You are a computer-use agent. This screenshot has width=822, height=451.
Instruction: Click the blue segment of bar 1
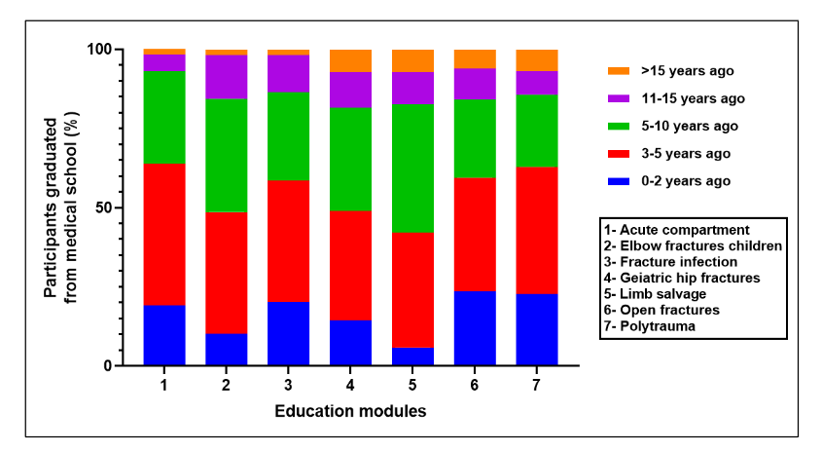click(164, 335)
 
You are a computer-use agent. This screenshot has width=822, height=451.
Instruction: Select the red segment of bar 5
click(413, 290)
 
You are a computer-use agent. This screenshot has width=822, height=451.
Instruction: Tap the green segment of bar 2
click(227, 155)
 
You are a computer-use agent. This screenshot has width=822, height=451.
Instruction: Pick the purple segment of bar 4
click(351, 90)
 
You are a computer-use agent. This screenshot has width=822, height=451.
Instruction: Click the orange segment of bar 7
click(538, 60)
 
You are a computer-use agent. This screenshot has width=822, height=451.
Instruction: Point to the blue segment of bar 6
click(476, 328)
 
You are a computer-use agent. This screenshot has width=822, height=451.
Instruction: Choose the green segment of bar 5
click(413, 169)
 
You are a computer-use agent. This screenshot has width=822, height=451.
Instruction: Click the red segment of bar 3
click(289, 241)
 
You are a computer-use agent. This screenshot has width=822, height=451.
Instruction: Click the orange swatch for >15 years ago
click(618, 71)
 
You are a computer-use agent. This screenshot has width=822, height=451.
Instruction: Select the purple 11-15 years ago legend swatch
click(618, 98)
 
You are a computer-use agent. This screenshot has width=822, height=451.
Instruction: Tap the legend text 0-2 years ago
click(686, 180)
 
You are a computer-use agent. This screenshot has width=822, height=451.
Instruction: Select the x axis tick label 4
click(351, 385)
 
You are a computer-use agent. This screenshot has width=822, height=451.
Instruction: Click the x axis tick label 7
click(538, 385)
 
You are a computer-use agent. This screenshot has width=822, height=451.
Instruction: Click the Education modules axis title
click(351, 411)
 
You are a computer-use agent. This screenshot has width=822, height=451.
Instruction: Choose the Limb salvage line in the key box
click(650, 294)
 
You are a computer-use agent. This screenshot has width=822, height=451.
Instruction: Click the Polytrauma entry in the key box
click(648, 325)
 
